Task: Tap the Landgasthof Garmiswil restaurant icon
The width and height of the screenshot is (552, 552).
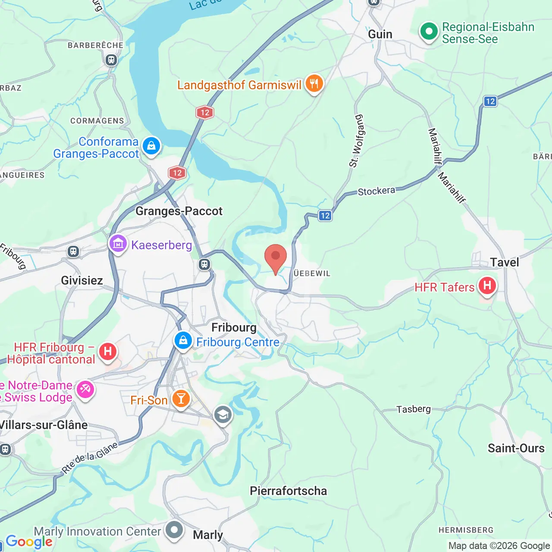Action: (x=314, y=84)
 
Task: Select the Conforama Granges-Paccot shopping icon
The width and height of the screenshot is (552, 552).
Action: (x=151, y=146)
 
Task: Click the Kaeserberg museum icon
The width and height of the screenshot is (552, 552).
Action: (x=118, y=244)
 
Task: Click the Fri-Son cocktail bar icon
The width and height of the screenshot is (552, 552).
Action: (x=181, y=399)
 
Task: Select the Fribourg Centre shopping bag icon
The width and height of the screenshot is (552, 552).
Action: (x=183, y=341)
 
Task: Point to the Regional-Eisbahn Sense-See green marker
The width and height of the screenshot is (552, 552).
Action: (x=429, y=31)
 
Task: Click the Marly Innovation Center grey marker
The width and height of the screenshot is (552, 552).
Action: (x=174, y=530)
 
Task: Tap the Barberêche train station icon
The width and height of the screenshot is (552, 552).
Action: (x=111, y=60)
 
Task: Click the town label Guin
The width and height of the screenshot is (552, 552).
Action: (x=380, y=34)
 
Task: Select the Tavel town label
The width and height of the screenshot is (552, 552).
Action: (x=504, y=262)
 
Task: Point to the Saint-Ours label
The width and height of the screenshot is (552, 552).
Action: (x=516, y=448)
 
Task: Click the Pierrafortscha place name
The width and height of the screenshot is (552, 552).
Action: (x=288, y=491)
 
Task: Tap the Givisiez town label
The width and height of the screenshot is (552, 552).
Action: (x=82, y=280)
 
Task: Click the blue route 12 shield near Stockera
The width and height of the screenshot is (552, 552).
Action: (x=325, y=216)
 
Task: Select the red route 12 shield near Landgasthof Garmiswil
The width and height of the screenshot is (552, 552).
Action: (x=205, y=113)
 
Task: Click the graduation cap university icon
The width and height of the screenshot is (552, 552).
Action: (x=223, y=415)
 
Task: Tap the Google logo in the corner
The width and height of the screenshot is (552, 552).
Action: (x=29, y=542)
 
